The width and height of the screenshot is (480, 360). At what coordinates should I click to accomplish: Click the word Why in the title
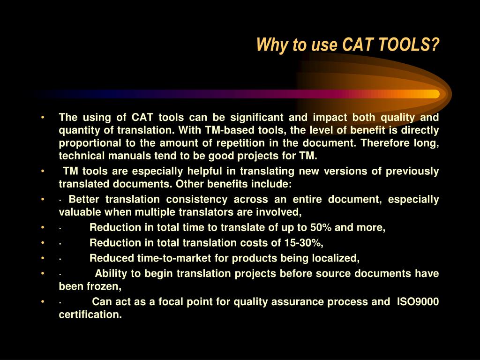(268, 45)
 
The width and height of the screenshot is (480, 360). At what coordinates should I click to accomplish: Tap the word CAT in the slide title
(358, 45)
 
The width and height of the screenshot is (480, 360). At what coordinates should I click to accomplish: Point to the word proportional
(86, 143)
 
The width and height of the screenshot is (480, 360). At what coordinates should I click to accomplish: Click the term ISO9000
(418, 302)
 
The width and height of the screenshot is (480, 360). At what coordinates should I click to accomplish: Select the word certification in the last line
(90, 315)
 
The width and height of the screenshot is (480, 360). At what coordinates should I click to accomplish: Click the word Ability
(111, 274)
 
